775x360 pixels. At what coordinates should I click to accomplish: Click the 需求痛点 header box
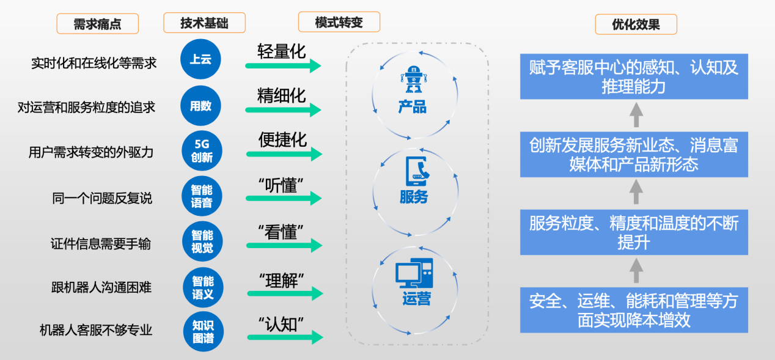(x=97, y=24)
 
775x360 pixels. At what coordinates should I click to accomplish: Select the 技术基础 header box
(x=204, y=23)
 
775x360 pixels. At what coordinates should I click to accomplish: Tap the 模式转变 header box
(x=339, y=23)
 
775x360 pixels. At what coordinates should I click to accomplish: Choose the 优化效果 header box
(x=636, y=24)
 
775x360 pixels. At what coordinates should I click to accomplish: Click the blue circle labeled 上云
(x=201, y=59)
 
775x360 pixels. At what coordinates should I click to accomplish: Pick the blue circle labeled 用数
(x=201, y=106)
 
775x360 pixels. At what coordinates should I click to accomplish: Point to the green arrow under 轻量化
(x=283, y=65)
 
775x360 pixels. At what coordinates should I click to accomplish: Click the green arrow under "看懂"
(x=283, y=246)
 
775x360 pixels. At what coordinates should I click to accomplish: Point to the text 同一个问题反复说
(x=101, y=198)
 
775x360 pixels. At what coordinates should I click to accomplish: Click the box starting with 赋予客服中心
(x=634, y=76)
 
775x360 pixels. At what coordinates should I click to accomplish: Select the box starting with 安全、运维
(x=634, y=310)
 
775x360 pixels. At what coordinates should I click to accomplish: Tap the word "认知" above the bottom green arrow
(x=281, y=323)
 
